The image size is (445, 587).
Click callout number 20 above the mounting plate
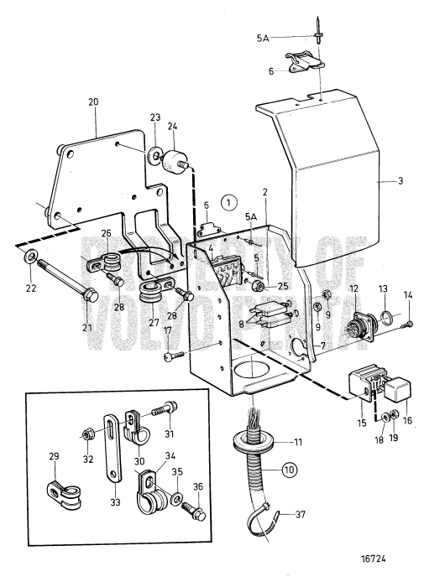[x=93, y=101]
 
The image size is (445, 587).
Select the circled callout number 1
[x=228, y=202]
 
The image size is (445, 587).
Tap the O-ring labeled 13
[x=382, y=319]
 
